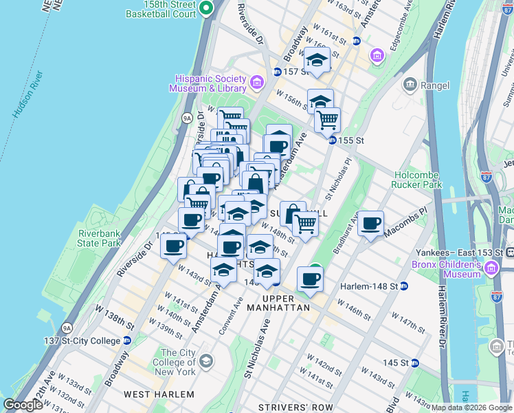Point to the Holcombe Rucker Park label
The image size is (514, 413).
coord(416,180)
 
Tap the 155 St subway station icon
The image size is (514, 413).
coord(331,140)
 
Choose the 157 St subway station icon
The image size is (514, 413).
coord(276,72)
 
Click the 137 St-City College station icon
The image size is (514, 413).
coord(126,341)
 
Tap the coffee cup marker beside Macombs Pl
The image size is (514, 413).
coord(370,224)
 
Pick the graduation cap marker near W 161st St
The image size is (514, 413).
coord(317,61)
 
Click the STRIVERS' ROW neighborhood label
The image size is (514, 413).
coord(295,407)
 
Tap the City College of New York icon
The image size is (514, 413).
coord(205,361)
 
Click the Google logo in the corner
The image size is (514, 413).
coord(23,405)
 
